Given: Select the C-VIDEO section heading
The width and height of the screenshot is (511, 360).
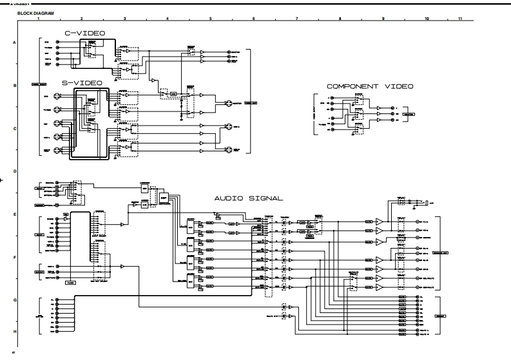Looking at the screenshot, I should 84,33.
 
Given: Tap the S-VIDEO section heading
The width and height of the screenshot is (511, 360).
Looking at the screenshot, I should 82,82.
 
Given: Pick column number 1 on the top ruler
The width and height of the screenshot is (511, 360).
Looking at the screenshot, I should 39,19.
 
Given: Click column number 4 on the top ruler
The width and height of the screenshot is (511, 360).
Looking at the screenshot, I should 167,19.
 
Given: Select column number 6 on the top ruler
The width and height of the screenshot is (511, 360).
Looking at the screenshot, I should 253,19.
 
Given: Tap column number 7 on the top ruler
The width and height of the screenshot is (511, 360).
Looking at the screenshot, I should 296,19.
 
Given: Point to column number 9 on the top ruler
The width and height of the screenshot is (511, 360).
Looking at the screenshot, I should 383,19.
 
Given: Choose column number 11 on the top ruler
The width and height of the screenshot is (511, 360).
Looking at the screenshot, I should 460,19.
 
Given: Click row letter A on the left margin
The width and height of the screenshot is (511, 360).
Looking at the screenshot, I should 14,42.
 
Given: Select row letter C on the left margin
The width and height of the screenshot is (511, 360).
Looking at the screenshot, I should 14,128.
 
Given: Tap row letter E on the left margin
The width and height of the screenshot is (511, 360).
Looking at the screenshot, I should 14,214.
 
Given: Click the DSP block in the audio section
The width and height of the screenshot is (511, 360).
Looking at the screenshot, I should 164,196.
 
